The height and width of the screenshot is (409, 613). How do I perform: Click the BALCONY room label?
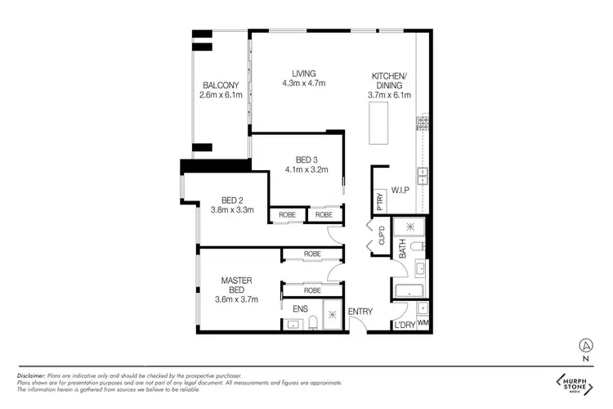[x=221, y=85]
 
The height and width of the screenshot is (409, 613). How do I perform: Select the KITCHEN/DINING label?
[x=389, y=79]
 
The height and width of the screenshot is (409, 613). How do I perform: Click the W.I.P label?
[x=400, y=190]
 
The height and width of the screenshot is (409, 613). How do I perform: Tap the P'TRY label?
[x=379, y=199]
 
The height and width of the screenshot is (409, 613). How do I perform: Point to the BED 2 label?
[x=233, y=200]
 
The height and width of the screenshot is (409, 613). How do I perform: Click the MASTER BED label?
[x=237, y=285]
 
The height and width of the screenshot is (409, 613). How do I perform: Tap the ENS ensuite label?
[x=299, y=310]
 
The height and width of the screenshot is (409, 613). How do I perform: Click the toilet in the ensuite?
[x=293, y=325]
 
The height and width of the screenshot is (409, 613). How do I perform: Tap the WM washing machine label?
[x=423, y=324]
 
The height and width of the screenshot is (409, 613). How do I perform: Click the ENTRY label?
[x=360, y=312]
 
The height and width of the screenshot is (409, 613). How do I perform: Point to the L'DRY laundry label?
[x=404, y=324]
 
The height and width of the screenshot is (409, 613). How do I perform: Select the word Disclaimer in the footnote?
[x=33, y=375]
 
